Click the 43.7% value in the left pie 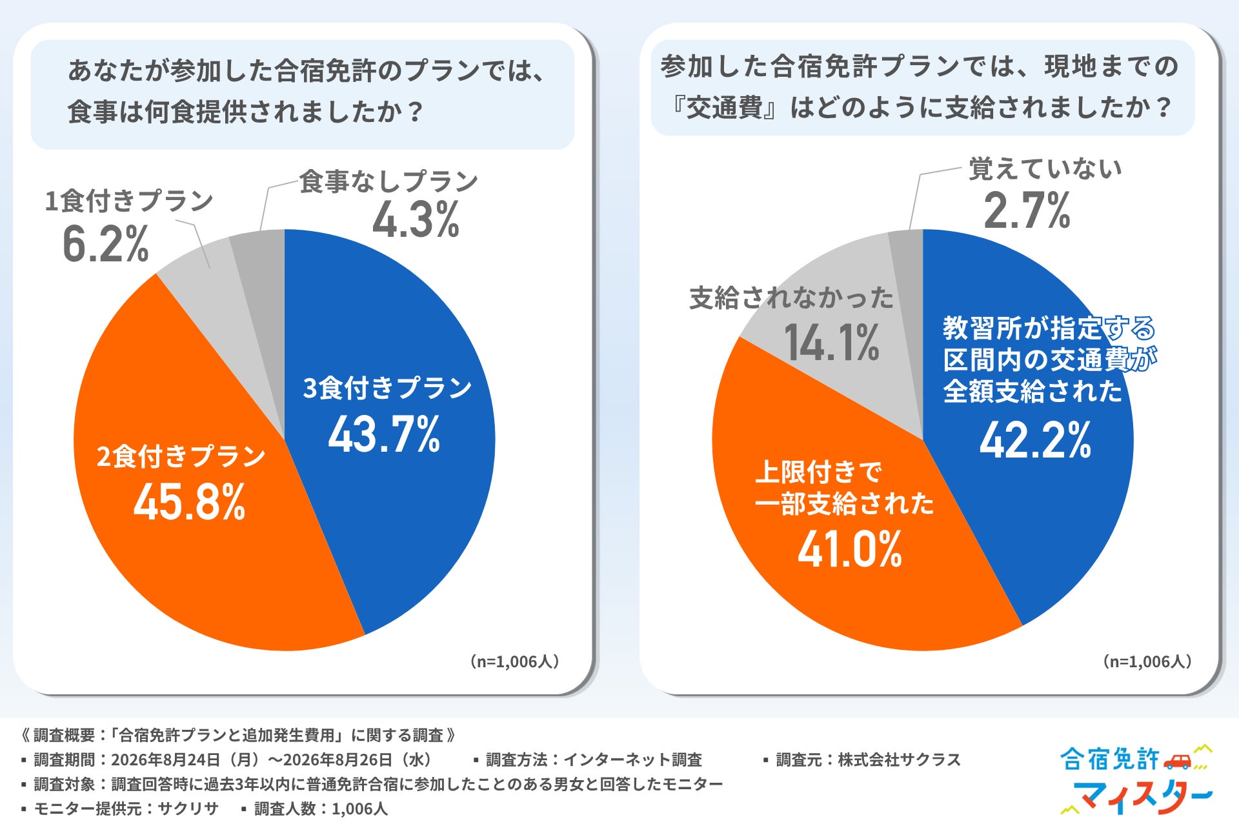click(x=384, y=434)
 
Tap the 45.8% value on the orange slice click(x=189, y=503)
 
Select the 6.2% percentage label click(x=106, y=244)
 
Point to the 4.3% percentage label click(x=416, y=220)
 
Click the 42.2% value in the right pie click(x=1035, y=441)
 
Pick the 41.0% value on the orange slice click(x=850, y=550)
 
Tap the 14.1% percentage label click(x=832, y=342)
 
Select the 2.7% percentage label click(x=1027, y=211)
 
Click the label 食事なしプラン click(x=388, y=181)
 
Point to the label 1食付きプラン click(x=129, y=201)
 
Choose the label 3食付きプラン click(x=388, y=388)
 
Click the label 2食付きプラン click(x=181, y=456)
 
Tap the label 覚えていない click(x=1045, y=168)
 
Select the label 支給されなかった click(x=792, y=298)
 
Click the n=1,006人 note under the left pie click(x=514, y=661)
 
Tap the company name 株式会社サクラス click(x=900, y=760)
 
